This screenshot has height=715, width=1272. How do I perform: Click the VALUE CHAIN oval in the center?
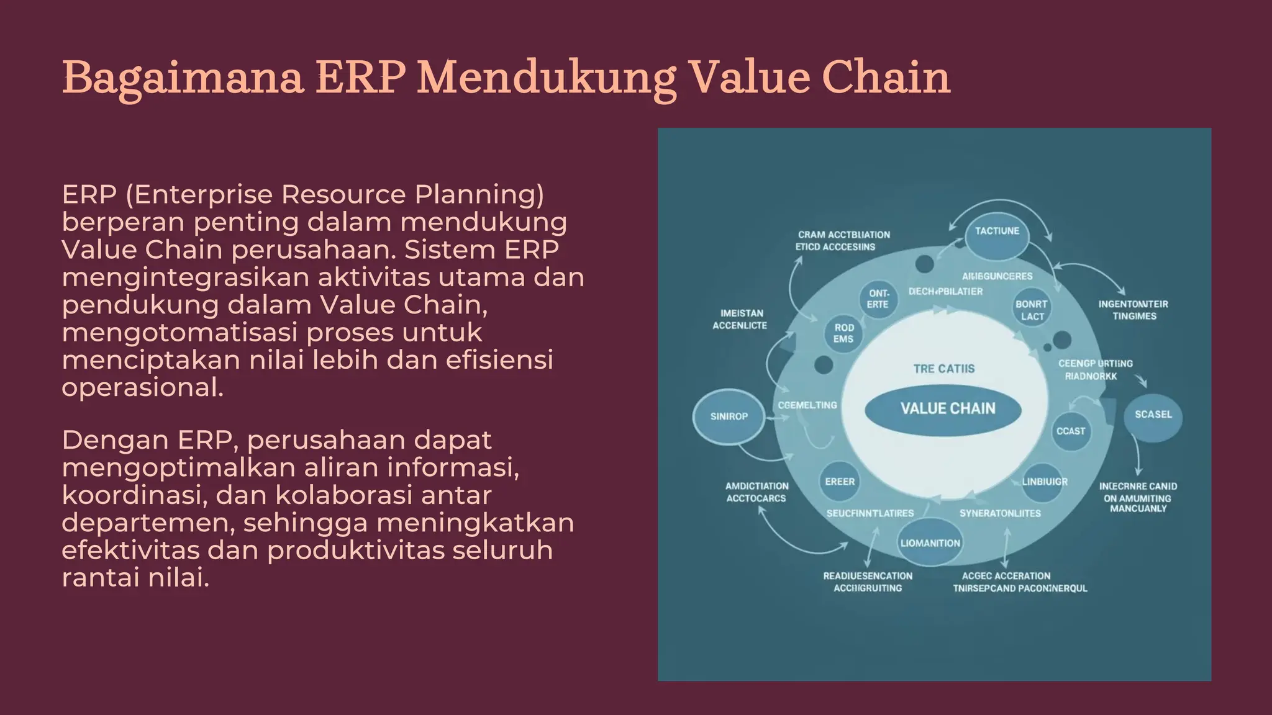[x=943, y=408]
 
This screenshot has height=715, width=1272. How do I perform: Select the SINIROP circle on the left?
[x=729, y=416]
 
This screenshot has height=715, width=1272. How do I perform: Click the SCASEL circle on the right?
[x=1153, y=415]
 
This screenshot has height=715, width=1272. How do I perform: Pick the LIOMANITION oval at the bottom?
[x=930, y=543]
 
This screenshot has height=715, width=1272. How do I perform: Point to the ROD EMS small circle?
[x=843, y=333]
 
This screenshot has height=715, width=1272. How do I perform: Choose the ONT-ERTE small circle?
[x=878, y=299]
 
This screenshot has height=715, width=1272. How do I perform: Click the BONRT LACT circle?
[x=1032, y=310]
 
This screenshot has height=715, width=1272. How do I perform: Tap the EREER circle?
[x=840, y=482]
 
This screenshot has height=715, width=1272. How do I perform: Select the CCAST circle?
[x=1071, y=431]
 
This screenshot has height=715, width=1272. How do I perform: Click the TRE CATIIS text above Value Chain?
[x=943, y=369]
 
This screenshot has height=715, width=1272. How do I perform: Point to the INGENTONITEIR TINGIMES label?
[x=1133, y=310]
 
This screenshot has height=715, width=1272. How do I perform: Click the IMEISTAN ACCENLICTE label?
[x=740, y=319]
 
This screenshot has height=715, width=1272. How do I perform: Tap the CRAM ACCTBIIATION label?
[x=843, y=235]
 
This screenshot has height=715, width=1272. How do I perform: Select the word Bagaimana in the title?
[x=183, y=78]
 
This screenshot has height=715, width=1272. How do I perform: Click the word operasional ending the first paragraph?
[x=142, y=387]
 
